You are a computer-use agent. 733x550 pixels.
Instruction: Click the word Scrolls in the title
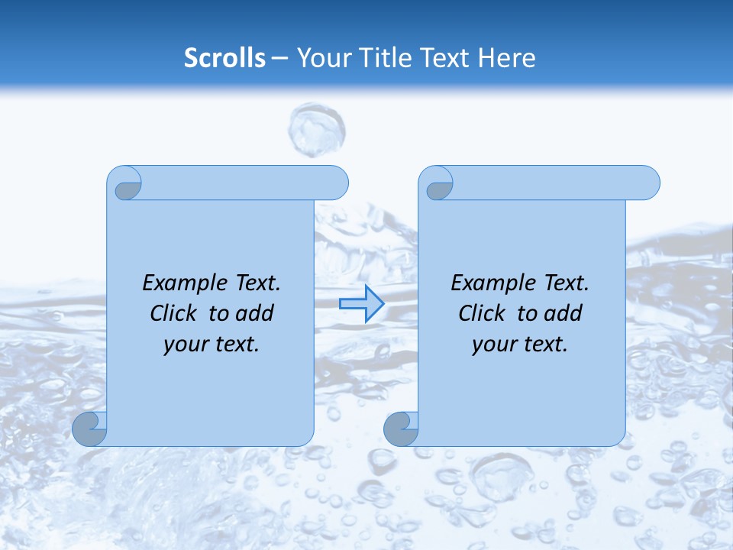[224, 58]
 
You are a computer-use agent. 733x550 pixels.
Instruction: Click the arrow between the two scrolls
[361, 304]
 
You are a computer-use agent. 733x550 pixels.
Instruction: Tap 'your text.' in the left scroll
[212, 344]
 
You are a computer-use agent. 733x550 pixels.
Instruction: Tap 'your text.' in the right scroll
[520, 344]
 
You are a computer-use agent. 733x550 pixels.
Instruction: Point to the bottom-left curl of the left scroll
[90, 429]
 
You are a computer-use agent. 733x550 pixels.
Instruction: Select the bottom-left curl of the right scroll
[402, 429]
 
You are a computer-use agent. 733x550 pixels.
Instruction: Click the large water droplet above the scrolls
[316, 130]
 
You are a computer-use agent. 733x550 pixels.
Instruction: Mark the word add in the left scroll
[254, 313]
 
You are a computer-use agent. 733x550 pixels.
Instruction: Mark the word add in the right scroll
[563, 313]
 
